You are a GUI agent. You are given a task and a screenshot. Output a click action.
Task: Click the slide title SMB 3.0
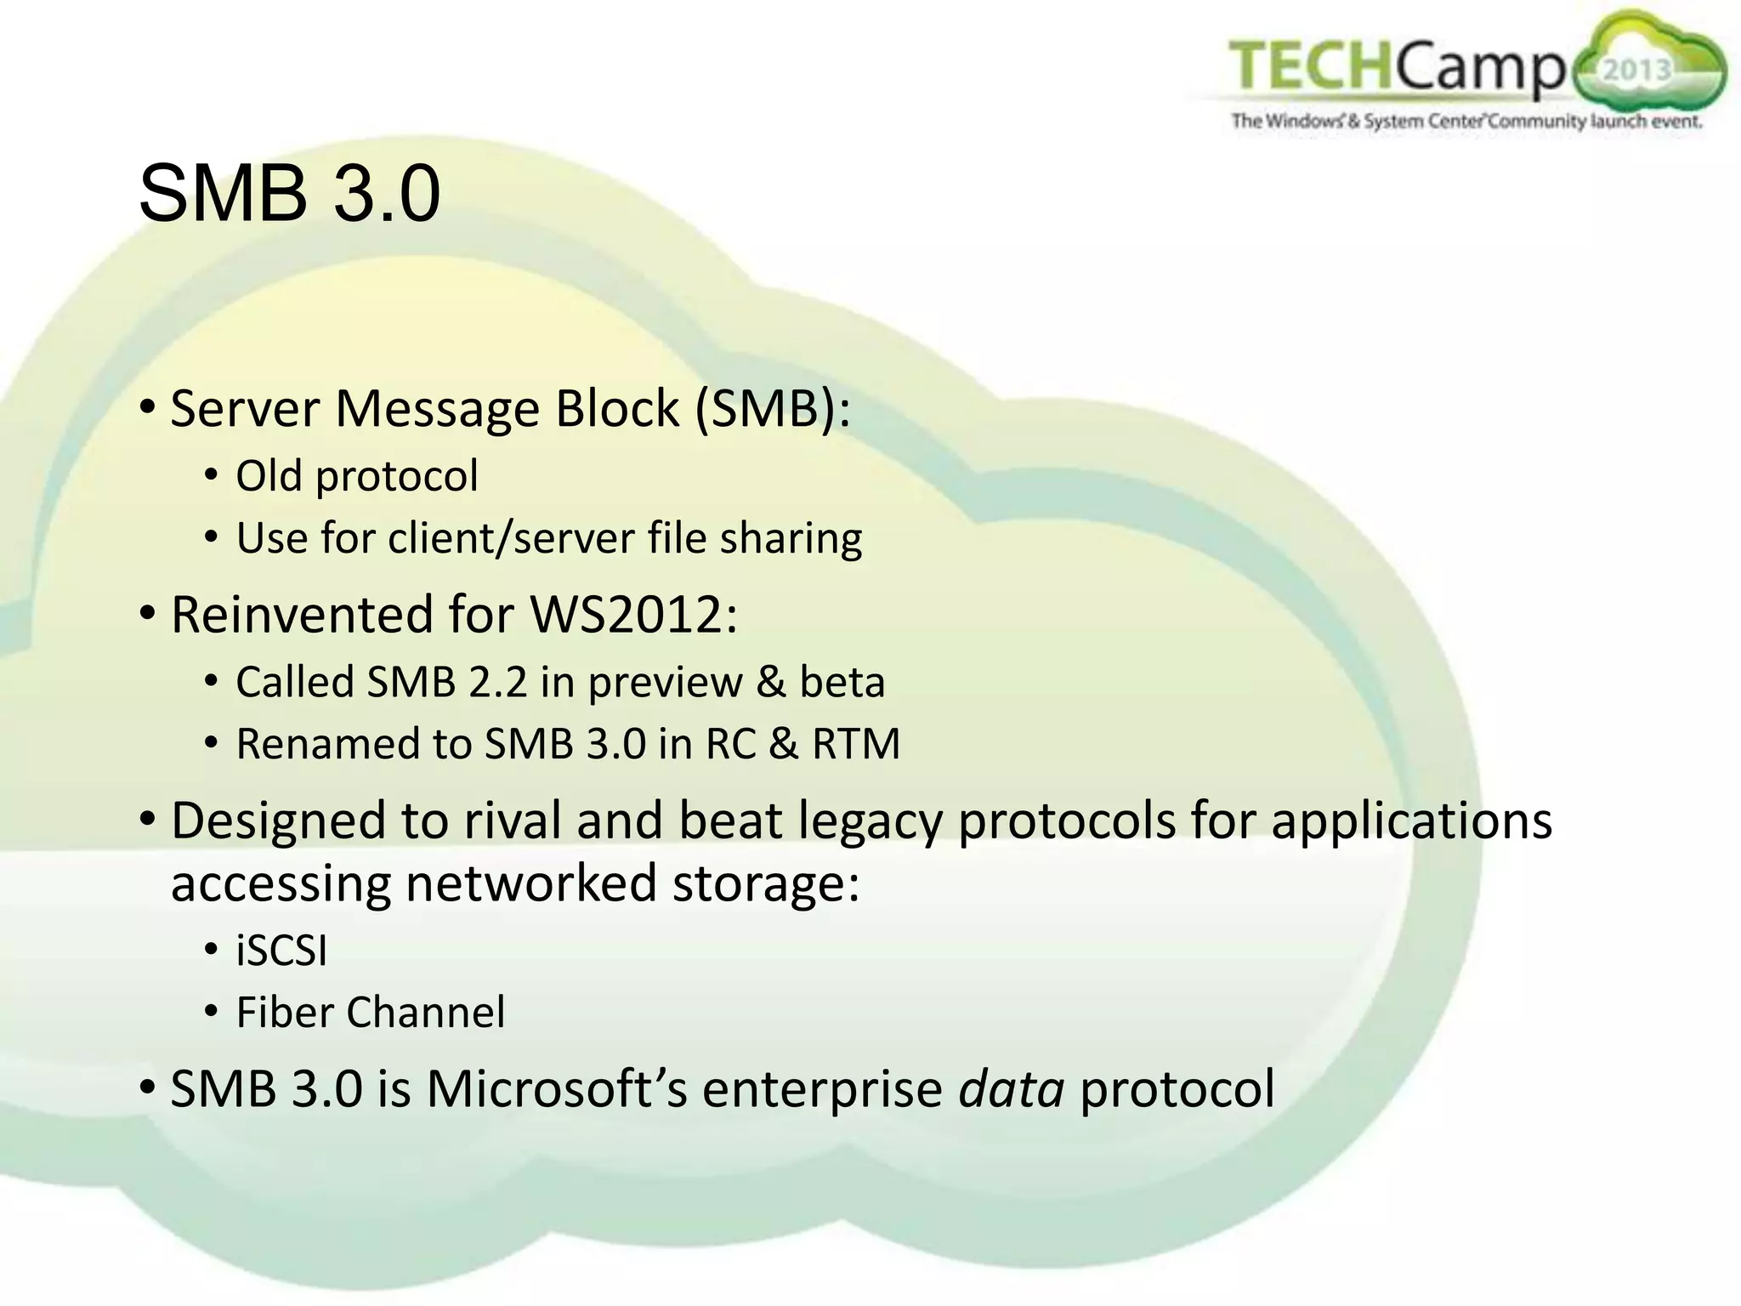[289, 194]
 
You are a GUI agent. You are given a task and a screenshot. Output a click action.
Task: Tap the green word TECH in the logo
[1310, 65]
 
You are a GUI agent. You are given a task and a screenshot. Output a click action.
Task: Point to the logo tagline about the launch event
[1466, 122]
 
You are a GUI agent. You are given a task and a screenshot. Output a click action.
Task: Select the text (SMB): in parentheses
[772, 409]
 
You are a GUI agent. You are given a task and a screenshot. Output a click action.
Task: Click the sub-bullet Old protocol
[356, 476]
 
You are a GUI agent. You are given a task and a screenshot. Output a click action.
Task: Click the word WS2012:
[633, 614]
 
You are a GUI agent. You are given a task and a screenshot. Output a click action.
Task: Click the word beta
[842, 682]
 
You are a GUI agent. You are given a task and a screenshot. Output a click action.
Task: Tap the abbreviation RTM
[855, 744]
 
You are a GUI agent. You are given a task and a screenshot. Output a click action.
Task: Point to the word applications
[1411, 821]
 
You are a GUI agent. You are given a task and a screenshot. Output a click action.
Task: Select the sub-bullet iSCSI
[281, 951]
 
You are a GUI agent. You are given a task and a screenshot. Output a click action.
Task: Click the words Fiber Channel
[370, 1013]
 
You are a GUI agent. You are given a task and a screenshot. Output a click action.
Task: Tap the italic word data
[1011, 1089]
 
